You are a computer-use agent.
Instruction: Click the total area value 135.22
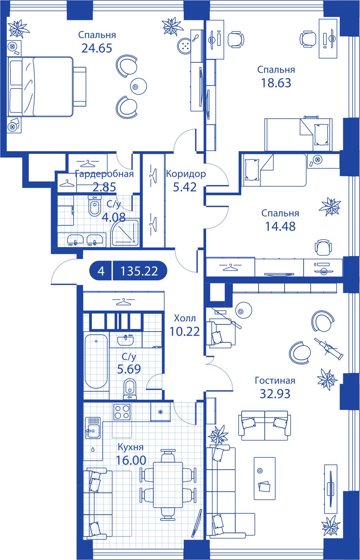coord(139,271)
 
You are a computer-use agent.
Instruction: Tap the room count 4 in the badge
coord(101,271)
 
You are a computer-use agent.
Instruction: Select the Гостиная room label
coord(275,380)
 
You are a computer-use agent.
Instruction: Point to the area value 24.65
coord(97,48)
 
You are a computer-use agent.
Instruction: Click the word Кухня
coord(130,447)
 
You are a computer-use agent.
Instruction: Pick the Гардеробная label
coord(105,174)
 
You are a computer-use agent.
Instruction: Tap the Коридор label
coord(186,174)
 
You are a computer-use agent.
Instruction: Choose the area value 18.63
coord(276,83)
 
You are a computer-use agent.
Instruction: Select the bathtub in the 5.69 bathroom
coord(96,361)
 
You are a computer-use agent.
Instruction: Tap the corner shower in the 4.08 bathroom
coord(125,233)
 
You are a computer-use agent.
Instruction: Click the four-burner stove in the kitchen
coord(122,411)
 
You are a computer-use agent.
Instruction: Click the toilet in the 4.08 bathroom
coord(94,205)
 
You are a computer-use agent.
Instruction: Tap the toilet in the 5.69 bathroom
coord(130,389)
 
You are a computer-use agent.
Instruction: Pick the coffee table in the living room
coord(264,479)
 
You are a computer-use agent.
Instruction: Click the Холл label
coord(185,318)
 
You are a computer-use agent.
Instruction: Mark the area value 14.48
coord(280,227)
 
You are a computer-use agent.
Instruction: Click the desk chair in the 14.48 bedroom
coord(323,247)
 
